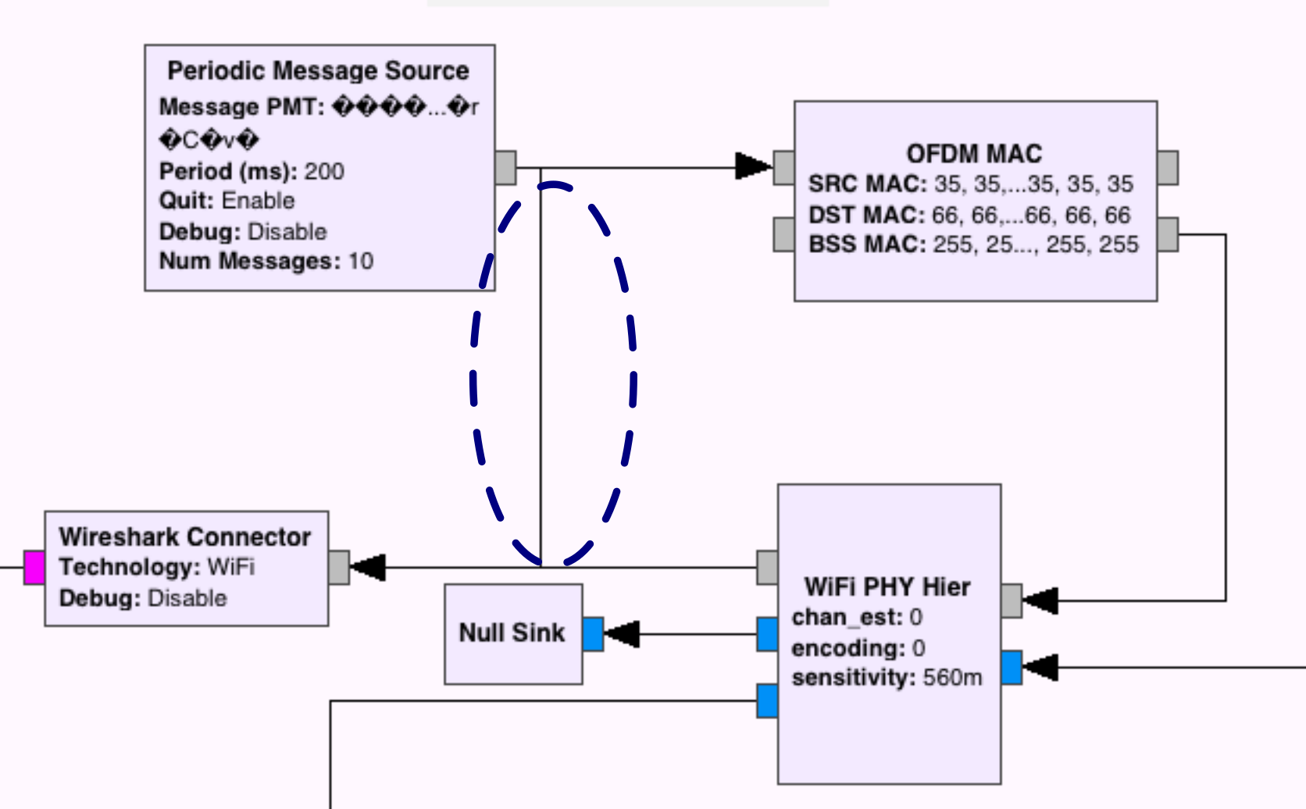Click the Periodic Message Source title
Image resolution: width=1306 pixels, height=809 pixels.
(318, 71)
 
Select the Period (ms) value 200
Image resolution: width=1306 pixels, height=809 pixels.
(324, 171)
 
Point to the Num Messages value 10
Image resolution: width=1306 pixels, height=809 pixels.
(360, 261)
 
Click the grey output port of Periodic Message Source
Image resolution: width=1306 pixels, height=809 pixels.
(505, 167)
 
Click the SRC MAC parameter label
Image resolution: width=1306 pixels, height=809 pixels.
(867, 184)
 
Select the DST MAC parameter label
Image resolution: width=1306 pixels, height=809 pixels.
(866, 215)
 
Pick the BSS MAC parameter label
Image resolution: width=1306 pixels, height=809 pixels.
(866, 244)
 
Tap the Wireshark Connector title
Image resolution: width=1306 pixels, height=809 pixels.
(185, 537)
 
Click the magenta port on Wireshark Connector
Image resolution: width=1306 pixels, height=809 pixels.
(34, 568)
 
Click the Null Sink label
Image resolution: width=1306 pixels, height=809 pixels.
(512, 633)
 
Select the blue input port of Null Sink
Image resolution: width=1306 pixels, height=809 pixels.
(594, 634)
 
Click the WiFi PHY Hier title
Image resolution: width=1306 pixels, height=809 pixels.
(887, 587)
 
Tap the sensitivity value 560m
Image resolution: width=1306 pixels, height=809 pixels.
(952, 678)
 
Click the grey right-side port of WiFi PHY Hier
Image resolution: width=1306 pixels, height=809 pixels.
(1012, 601)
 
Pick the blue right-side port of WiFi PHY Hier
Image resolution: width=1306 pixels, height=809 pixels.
(1012, 668)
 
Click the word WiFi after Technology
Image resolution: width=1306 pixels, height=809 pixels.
(231, 567)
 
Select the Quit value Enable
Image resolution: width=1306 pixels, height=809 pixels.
(258, 201)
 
